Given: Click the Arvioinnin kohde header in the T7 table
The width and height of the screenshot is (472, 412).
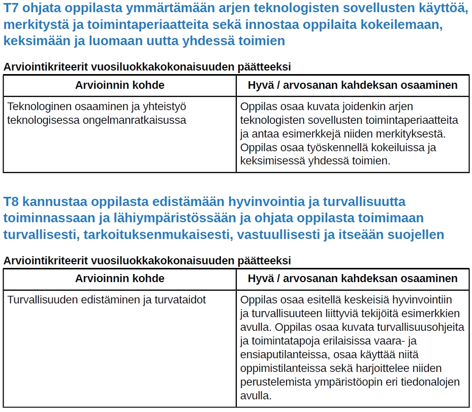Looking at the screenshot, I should click(x=120, y=85).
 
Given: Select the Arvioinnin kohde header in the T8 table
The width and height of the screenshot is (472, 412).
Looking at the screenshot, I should click(x=120, y=279).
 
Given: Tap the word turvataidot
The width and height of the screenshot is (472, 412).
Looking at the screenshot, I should click(x=177, y=300).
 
